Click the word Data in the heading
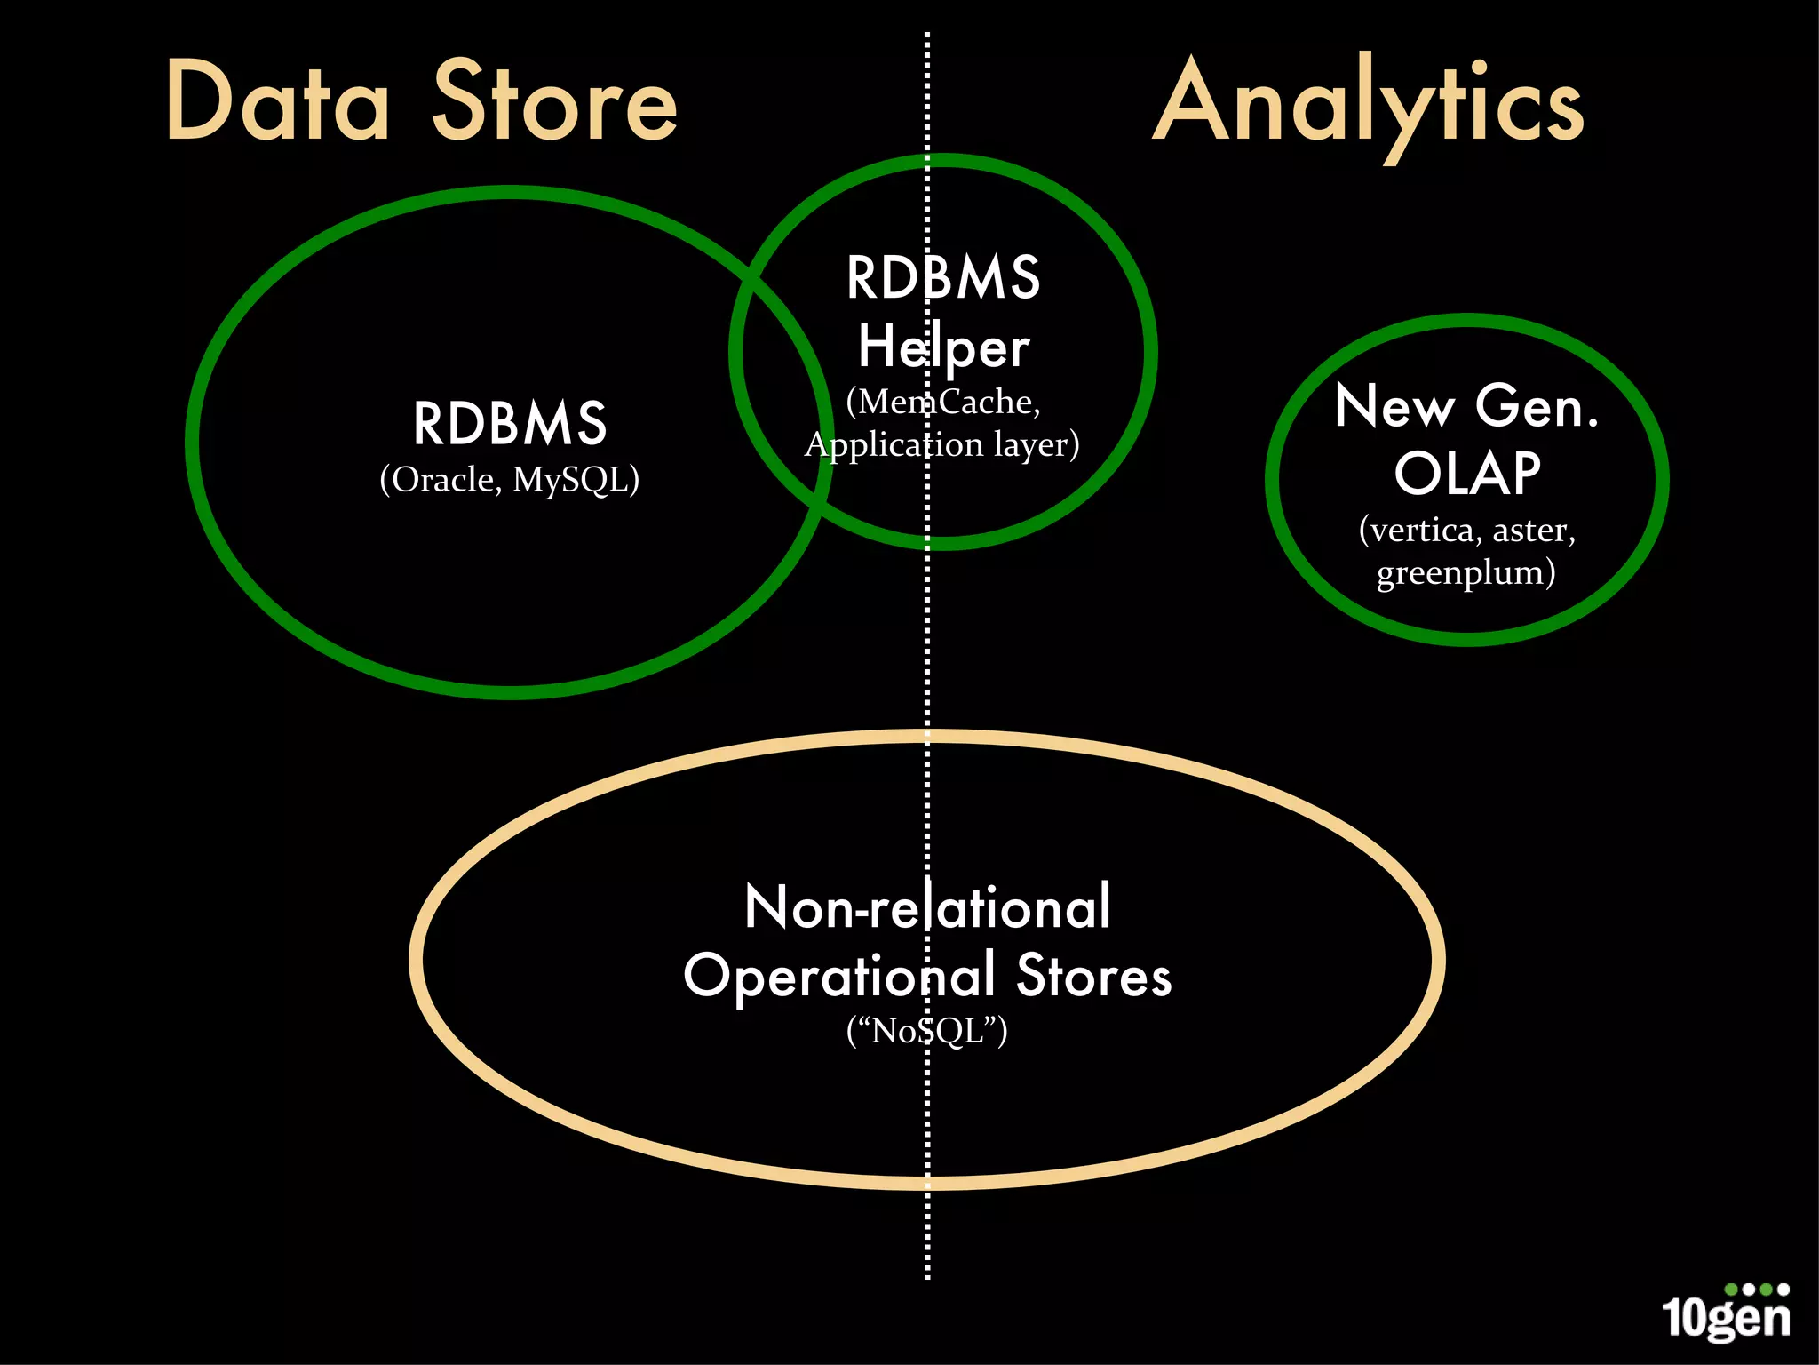(277, 102)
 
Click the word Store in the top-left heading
(555, 102)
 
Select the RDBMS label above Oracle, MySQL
(510, 424)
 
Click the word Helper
(943, 347)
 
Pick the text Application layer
(941, 444)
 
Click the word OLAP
(1467, 474)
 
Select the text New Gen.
(1467, 407)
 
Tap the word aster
(1529, 531)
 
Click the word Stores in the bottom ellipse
(1093, 976)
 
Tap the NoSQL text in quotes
(927, 1032)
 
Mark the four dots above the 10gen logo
(1756, 1289)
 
